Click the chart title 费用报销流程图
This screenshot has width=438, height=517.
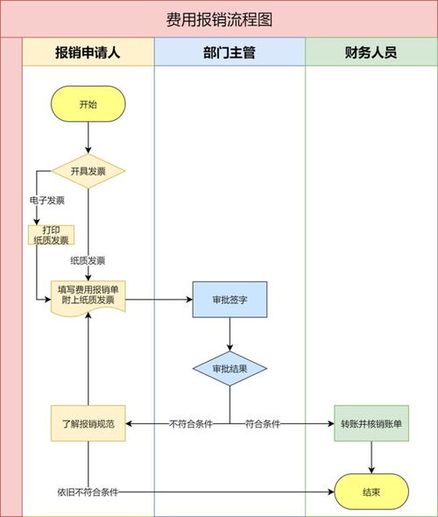pos(219,19)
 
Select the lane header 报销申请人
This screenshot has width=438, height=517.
pos(88,53)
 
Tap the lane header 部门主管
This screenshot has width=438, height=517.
pos(230,53)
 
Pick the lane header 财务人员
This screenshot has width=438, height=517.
pos(371,53)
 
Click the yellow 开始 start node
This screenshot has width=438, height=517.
pos(88,104)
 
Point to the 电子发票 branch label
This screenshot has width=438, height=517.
pos(46,201)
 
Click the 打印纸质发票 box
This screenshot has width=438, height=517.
pos(50,235)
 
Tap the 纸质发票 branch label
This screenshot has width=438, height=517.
pos(88,260)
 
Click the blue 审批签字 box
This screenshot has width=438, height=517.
pos(230,300)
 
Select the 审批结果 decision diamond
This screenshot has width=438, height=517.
pos(230,369)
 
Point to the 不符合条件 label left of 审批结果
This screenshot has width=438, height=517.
pos(191,424)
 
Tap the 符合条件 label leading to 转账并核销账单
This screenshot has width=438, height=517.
pos(263,424)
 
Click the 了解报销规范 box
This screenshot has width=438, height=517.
pos(88,423)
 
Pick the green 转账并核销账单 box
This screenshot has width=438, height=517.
pos(371,423)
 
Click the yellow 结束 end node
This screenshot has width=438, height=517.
pos(371,492)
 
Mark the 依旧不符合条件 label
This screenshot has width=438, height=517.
pos(88,492)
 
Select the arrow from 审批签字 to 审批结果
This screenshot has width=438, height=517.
pos(230,334)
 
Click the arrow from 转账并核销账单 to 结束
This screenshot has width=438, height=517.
pos(371,457)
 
